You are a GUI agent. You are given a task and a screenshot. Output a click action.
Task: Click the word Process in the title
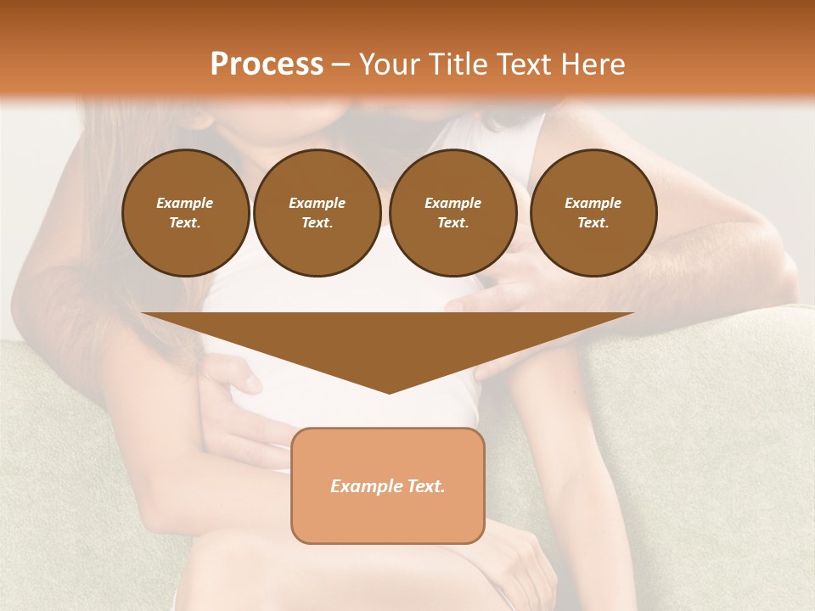click(267, 64)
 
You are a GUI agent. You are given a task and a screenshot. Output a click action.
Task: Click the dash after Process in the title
click(340, 65)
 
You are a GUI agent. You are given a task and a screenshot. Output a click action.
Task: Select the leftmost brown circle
click(186, 213)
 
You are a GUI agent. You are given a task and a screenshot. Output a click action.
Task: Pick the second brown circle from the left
click(317, 213)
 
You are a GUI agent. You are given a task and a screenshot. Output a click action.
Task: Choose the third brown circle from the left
click(452, 213)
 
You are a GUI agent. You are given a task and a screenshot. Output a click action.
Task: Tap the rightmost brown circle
click(593, 213)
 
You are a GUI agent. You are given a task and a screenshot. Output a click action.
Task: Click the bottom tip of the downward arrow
click(389, 391)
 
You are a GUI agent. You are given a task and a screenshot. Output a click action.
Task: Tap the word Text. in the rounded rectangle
click(424, 486)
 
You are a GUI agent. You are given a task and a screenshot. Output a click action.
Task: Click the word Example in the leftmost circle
click(185, 203)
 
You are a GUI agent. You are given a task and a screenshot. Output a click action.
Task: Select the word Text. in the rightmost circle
click(593, 223)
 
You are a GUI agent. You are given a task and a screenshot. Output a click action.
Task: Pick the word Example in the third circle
click(452, 203)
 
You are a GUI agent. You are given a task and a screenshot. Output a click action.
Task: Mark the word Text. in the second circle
click(317, 223)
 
